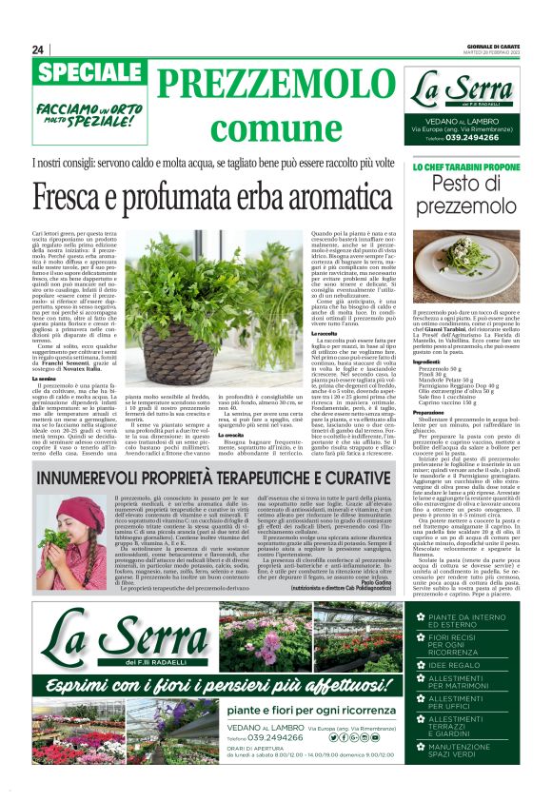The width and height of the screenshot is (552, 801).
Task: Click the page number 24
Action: (x=38, y=49)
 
